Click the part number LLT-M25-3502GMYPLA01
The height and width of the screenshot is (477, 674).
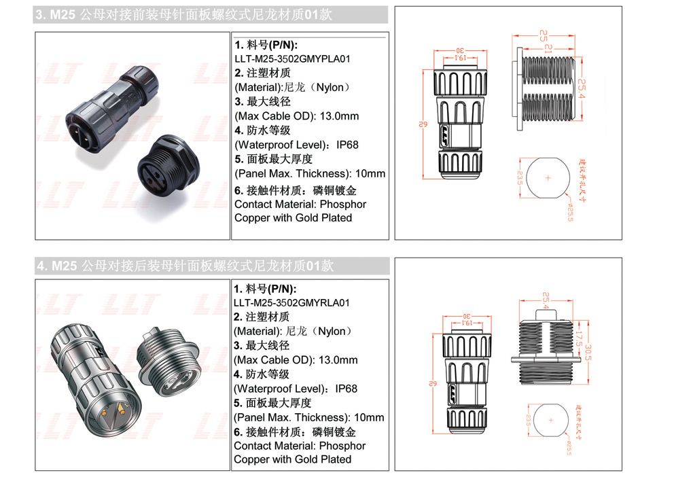tap(292, 59)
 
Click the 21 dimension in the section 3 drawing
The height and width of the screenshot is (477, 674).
tap(548, 48)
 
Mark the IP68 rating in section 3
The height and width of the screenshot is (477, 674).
tap(347, 145)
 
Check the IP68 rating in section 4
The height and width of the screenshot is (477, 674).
tap(347, 389)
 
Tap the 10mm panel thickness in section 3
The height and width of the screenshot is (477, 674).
tap(370, 173)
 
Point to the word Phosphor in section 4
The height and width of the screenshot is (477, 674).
tap(342, 446)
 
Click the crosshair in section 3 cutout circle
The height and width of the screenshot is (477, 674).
tap(548, 178)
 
